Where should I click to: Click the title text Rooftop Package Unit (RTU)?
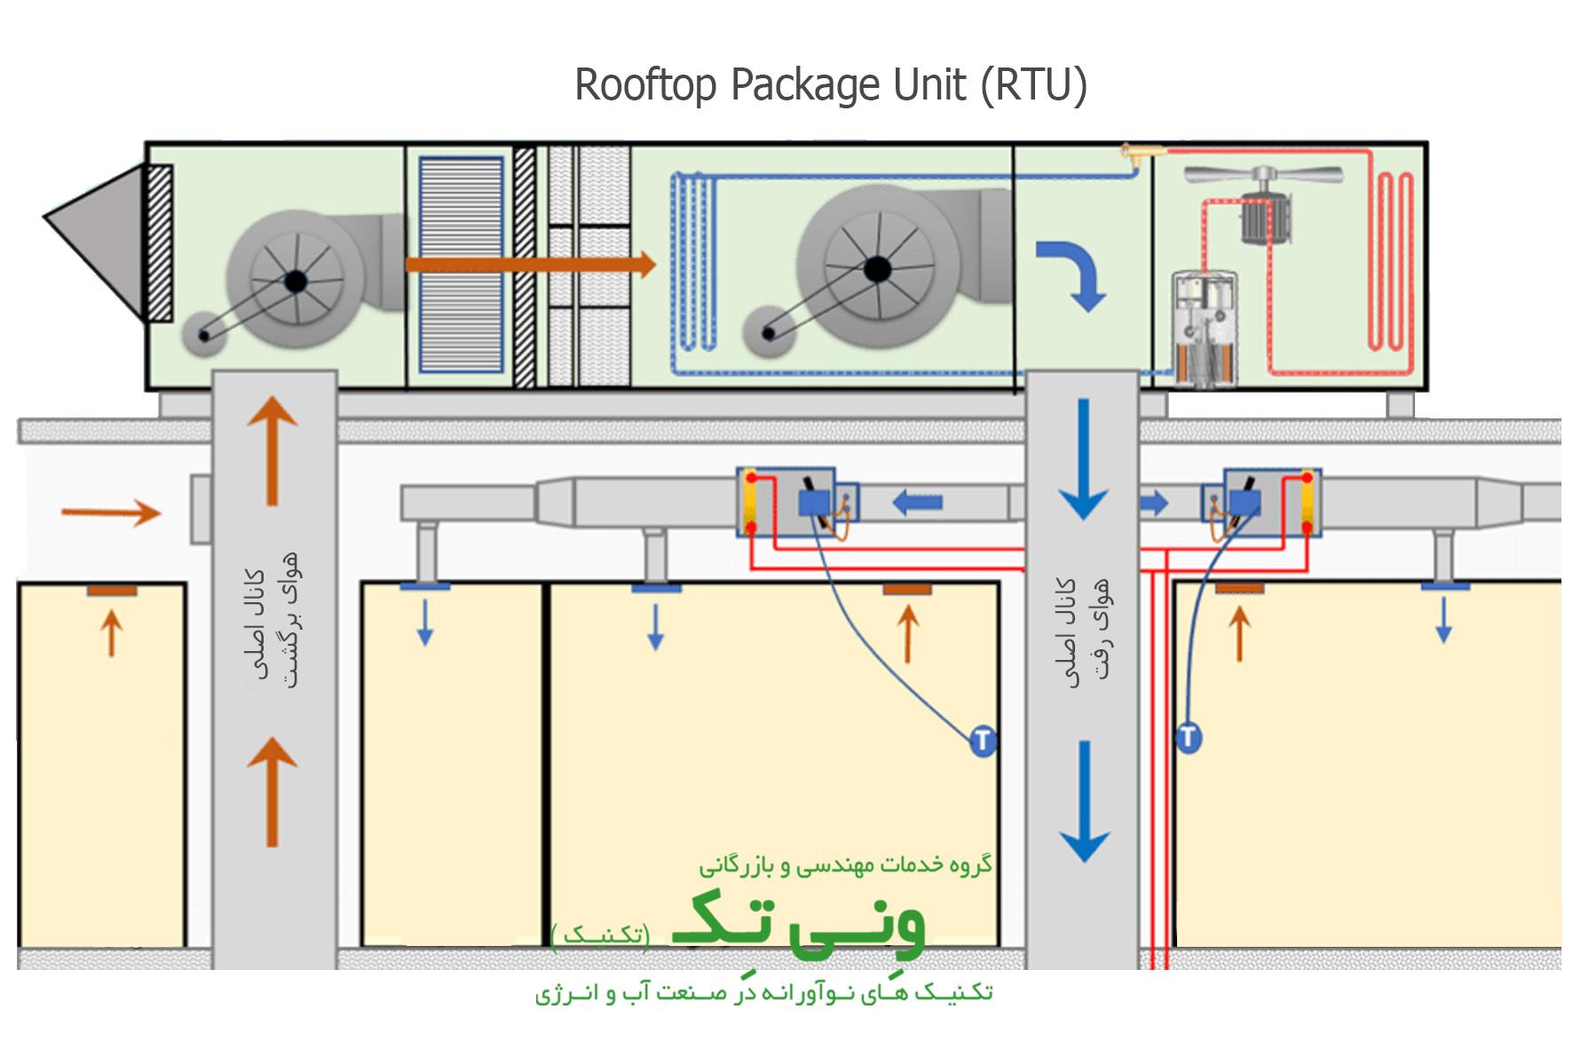831,85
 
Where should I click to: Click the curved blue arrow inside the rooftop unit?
1074,272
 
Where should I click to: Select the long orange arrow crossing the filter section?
530,264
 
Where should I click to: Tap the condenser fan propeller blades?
1264,174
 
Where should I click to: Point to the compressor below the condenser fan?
1205,329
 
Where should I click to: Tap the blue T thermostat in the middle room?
982,740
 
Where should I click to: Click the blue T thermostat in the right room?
1188,736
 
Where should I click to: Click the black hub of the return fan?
296,282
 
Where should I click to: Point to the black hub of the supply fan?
877,268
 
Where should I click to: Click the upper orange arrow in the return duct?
273,449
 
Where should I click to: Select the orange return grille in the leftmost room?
112,591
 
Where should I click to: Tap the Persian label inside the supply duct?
1084,631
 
